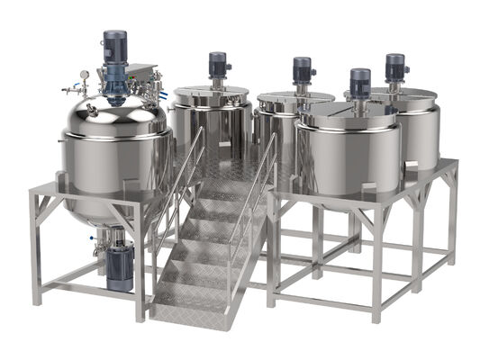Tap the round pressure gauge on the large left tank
84,75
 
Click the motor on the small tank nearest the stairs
217,65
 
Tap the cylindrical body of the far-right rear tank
419,135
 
